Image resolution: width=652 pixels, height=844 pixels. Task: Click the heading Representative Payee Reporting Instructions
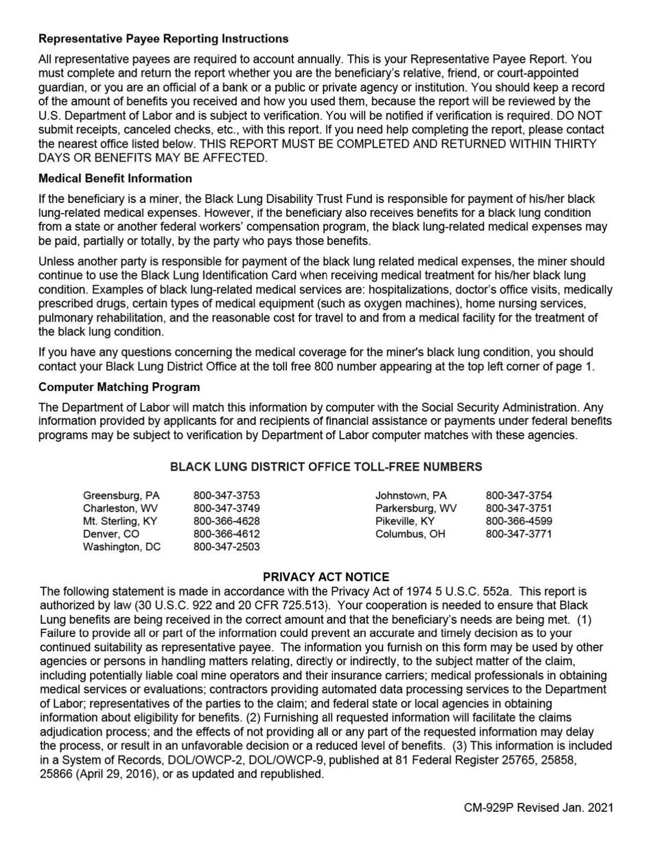click(x=163, y=38)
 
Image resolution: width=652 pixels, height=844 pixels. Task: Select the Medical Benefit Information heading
click(x=115, y=178)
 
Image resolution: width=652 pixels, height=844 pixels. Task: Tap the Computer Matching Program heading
click(x=119, y=387)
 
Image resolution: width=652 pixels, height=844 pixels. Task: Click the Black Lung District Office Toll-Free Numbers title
click(x=326, y=467)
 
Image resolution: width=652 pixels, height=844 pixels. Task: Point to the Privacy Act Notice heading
click(x=326, y=577)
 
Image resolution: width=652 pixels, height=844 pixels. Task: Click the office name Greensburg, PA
click(x=121, y=495)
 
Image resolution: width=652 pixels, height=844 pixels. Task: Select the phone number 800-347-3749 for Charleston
click(x=226, y=508)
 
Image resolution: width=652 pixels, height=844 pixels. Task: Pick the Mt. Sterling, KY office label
click(x=120, y=521)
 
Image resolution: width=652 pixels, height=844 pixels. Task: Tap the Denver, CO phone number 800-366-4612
click(x=226, y=535)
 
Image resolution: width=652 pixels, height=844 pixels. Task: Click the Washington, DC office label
click(x=121, y=547)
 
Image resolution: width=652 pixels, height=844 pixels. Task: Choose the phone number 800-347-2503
click(x=226, y=547)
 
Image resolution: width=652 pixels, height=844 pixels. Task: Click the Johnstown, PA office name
click(x=410, y=495)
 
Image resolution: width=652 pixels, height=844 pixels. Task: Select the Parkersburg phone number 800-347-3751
click(x=519, y=508)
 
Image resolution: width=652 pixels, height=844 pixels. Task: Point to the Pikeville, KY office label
click(x=405, y=521)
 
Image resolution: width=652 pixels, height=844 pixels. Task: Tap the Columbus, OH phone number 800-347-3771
click(x=519, y=535)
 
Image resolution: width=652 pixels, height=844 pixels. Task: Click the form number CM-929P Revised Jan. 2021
click(x=539, y=808)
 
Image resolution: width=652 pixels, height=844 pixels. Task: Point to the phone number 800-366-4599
click(x=519, y=521)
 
